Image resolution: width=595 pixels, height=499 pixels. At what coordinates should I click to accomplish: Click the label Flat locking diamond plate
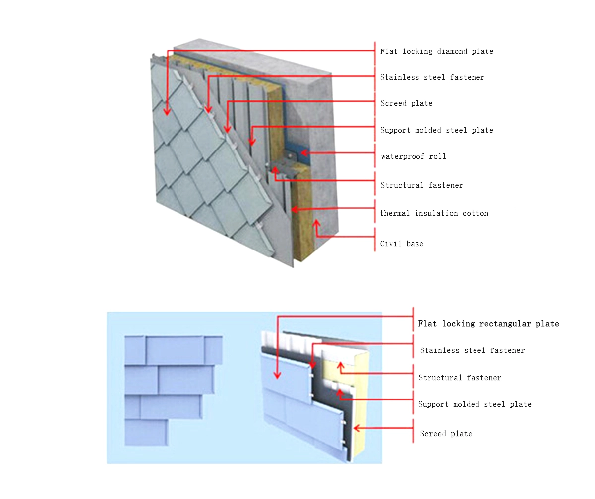click(x=436, y=51)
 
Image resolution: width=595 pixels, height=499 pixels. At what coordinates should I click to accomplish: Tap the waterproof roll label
click(x=413, y=156)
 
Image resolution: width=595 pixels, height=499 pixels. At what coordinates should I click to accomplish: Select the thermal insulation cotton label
click(x=434, y=213)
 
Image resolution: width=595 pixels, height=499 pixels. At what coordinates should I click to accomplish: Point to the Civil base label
click(x=402, y=244)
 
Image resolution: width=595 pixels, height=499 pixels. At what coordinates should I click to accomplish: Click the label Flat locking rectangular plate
click(x=488, y=324)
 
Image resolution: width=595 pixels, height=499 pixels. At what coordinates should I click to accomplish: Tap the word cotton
click(x=476, y=213)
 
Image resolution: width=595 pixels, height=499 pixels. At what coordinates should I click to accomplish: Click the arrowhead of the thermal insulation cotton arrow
click(x=294, y=209)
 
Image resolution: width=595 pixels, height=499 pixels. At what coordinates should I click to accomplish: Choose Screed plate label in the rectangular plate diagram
click(x=446, y=434)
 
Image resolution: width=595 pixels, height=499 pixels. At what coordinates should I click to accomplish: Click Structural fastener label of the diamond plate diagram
click(x=421, y=185)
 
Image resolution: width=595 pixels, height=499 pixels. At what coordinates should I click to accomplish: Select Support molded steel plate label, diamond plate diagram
click(x=436, y=130)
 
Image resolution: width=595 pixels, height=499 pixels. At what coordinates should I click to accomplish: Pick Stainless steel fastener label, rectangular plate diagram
click(x=472, y=350)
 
